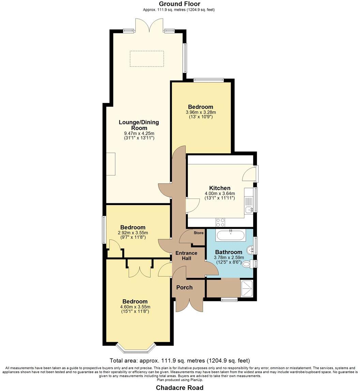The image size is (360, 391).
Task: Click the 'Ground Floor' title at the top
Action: point(180,4)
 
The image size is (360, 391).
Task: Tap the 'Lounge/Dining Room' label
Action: point(139,125)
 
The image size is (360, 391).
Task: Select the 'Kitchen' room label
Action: point(220,188)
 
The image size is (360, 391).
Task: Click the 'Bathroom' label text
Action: point(228,252)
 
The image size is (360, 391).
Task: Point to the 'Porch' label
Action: point(184,287)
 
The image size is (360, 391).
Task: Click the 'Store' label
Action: point(198,233)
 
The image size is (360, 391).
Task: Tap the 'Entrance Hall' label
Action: point(186,255)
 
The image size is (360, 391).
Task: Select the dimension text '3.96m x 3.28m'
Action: point(201,112)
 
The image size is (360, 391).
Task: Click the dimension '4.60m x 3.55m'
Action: point(135,307)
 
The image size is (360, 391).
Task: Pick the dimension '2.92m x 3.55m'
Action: point(133,233)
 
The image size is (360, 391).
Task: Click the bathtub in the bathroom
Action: point(231,235)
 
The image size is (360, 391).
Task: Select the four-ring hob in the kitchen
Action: point(220,222)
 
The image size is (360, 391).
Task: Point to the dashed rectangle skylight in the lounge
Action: point(147,59)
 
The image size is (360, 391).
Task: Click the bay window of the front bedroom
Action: point(136,348)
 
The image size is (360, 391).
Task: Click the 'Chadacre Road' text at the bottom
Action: point(180,388)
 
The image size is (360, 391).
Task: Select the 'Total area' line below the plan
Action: point(180,360)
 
